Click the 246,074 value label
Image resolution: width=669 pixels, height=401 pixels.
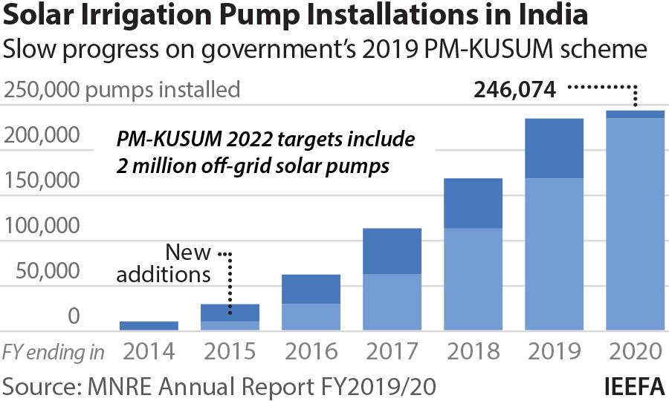pyautogui.click(x=515, y=91)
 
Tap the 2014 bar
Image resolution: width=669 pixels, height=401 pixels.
pyautogui.click(x=149, y=325)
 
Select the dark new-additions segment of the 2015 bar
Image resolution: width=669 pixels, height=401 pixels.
pyautogui.click(x=230, y=313)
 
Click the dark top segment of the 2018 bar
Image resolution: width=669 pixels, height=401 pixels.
pyautogui.click(x=474, y=203)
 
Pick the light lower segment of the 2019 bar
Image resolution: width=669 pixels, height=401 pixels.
pyautogui.click(x=555, y=254)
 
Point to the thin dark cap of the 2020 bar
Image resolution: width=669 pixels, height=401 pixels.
pyautogui.click(x=636, y=114)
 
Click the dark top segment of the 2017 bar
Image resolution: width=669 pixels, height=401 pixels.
pyautogui.click(x=392, y=251)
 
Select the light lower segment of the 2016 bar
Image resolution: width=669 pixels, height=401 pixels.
pyautogui.click(x=311, y=317)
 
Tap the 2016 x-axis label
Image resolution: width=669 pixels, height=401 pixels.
pyautogui.click(x=311, y=351)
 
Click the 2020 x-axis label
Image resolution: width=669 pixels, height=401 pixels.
pyautogui.click(x=636, y=351)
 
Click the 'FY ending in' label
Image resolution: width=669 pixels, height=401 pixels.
pyautogui.click(x=54, y=351)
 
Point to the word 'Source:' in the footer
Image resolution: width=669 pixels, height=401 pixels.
pyautogui.click(x=44, y=386)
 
